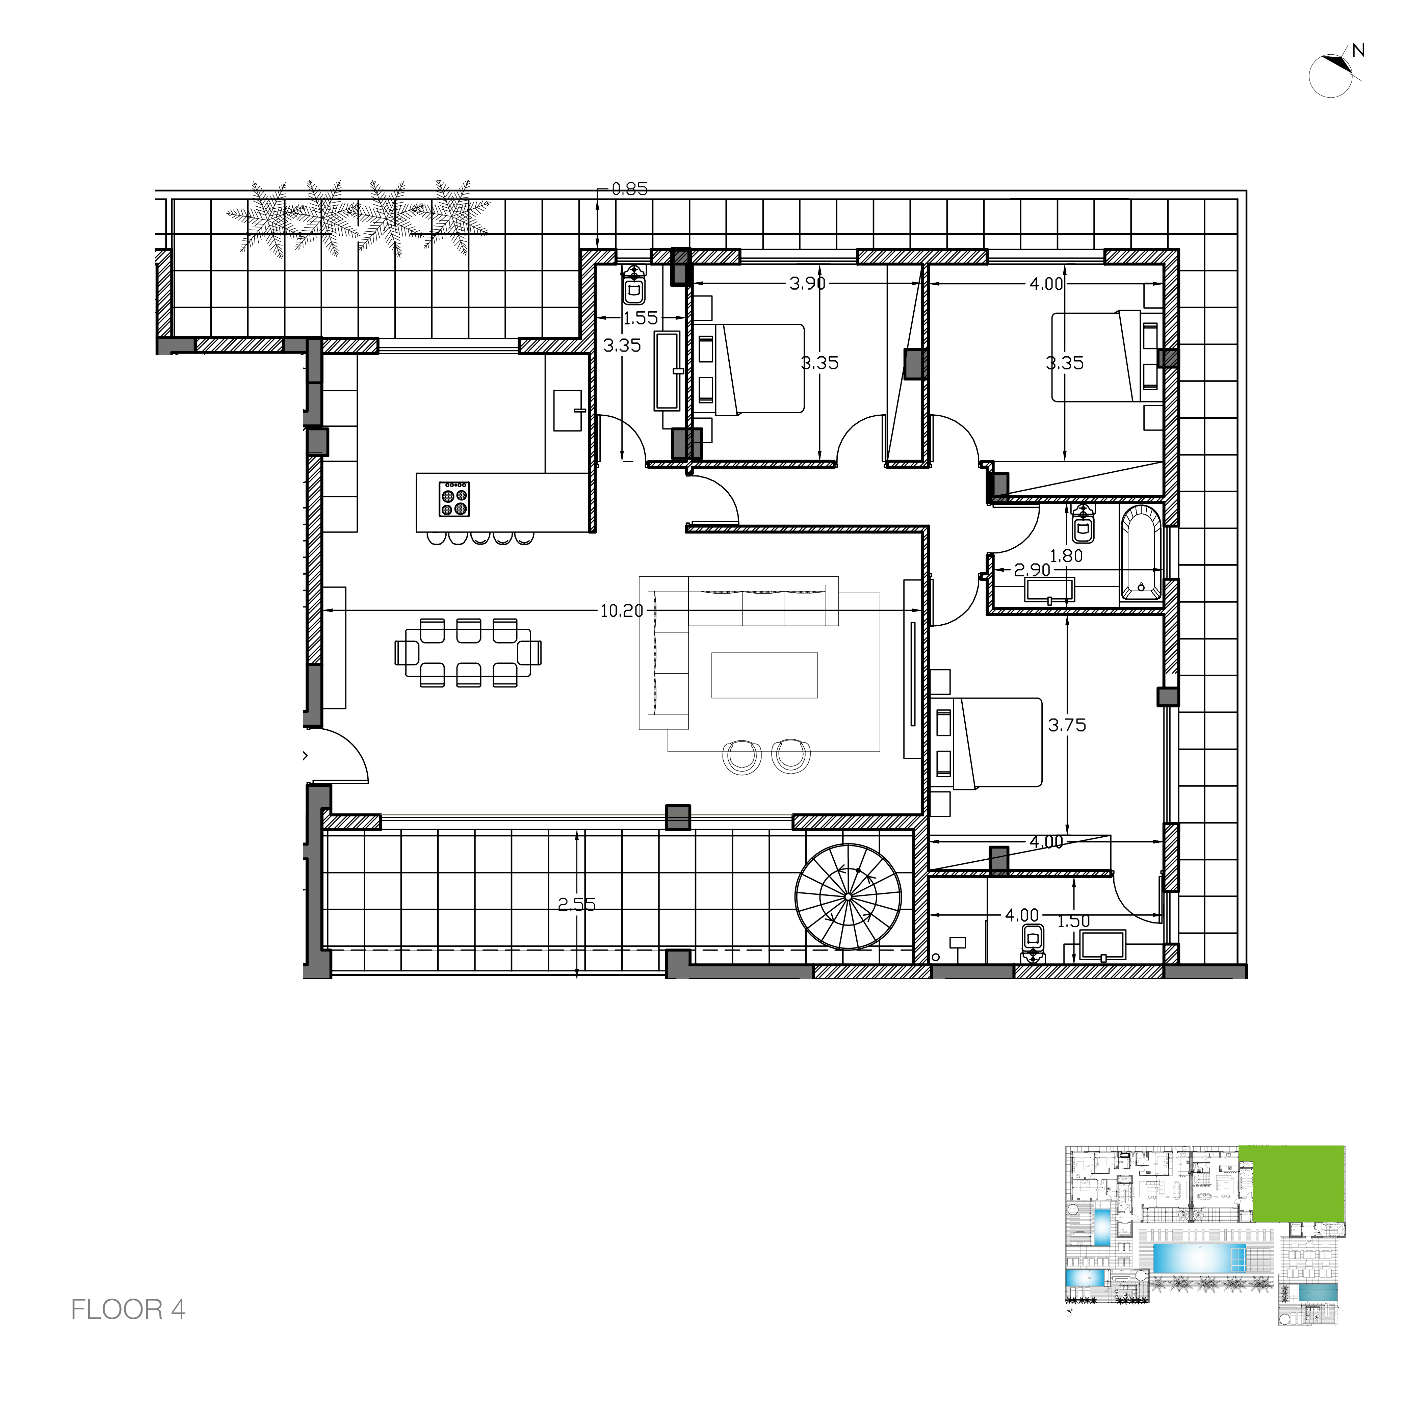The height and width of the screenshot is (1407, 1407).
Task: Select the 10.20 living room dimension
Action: tap(621, 611)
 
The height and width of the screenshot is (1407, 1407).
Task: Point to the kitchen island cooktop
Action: tap(454, 499)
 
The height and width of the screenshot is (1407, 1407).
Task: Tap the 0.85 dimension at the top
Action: tap(629, 189)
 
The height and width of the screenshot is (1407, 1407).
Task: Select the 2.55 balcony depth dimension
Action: tap(577, 905)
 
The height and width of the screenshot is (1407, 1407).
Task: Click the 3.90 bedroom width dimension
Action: tap(807, 283)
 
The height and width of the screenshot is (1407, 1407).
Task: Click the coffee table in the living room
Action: tap(765, 675)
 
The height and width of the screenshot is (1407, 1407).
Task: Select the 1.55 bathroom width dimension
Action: tap(640, 318)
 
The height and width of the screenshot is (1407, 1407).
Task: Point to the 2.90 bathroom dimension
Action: tap(1032, 570)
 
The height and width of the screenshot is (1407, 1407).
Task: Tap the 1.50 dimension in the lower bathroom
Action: tap(1073, 921)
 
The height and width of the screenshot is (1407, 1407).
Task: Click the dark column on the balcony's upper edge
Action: tap(678, 817)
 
